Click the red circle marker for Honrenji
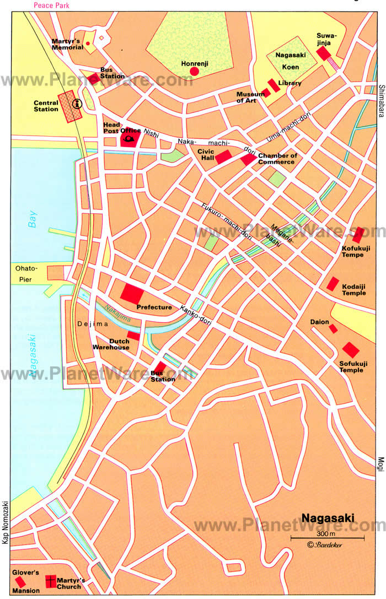click(194, 71)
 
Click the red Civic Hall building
click(223, 157)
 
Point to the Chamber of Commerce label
click(277, 159)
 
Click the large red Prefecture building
click(132, 293)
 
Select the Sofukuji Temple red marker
click(351, 349)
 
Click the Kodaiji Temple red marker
click(333, 284)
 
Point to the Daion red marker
click(333, 328)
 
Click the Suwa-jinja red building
click(324, 53)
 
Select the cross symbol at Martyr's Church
click(51, 581)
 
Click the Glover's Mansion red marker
click(20, 581)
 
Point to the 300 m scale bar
click(327, 537)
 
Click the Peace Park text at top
click(52, 5)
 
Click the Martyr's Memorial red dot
click(88, 43)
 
